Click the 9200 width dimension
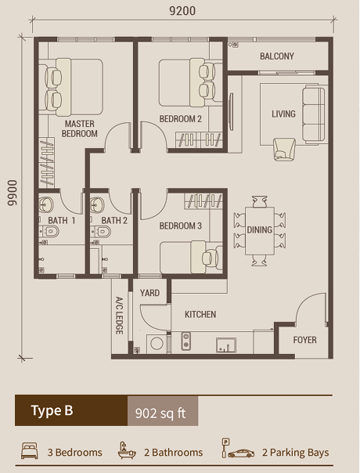coord(181,11)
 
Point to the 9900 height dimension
coord(12,190)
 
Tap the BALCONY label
coord(277,56)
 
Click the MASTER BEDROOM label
coord(80,129)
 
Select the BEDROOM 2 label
coord(181,119)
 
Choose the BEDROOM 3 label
coord(181,226)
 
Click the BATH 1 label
coord(62,221)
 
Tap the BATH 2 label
coord(114,221)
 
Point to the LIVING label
coord(283,114)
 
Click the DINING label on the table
coord(260,230)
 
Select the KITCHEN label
coord(200,315)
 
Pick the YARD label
coord(149,294)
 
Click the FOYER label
coord(305,341)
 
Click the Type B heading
coord(52,411)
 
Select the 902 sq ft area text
coord(160,412)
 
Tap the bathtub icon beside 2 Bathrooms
coord(126,452)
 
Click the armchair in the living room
coord(283,148)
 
